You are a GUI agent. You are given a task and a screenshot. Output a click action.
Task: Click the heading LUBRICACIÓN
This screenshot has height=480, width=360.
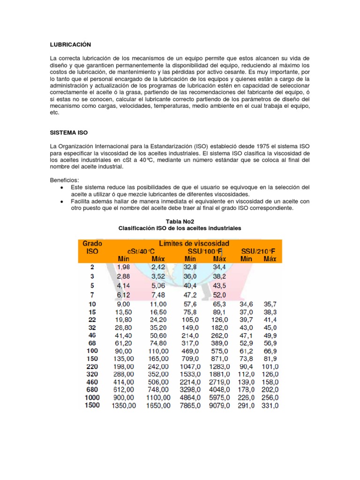coord(70,45)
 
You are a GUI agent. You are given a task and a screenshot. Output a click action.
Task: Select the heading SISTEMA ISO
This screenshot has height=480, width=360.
coord(69,133)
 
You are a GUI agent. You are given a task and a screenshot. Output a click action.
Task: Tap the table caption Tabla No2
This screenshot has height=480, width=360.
coord(180,221)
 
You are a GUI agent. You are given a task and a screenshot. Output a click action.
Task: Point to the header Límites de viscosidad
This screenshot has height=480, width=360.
coord(194,243)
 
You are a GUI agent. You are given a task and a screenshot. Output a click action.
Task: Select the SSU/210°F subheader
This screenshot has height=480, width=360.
coord(258,251)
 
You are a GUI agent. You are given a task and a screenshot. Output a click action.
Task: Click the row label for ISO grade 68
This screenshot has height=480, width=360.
coord(92,343)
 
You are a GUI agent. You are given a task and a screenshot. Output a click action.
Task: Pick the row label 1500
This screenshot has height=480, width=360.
coord(92,405)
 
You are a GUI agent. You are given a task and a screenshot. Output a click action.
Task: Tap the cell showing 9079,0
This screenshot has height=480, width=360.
coord(219,405)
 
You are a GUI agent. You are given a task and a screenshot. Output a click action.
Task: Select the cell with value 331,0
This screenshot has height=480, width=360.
coord(270,405)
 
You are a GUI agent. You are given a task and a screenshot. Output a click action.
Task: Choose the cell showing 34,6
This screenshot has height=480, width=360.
coord(247,304)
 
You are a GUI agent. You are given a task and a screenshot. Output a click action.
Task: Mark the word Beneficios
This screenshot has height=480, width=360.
coord(65,180)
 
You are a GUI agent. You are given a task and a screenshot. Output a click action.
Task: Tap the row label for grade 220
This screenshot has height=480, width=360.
coord(92,366)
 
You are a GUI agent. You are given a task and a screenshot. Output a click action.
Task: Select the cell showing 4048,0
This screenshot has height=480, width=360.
coord(219,390)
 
